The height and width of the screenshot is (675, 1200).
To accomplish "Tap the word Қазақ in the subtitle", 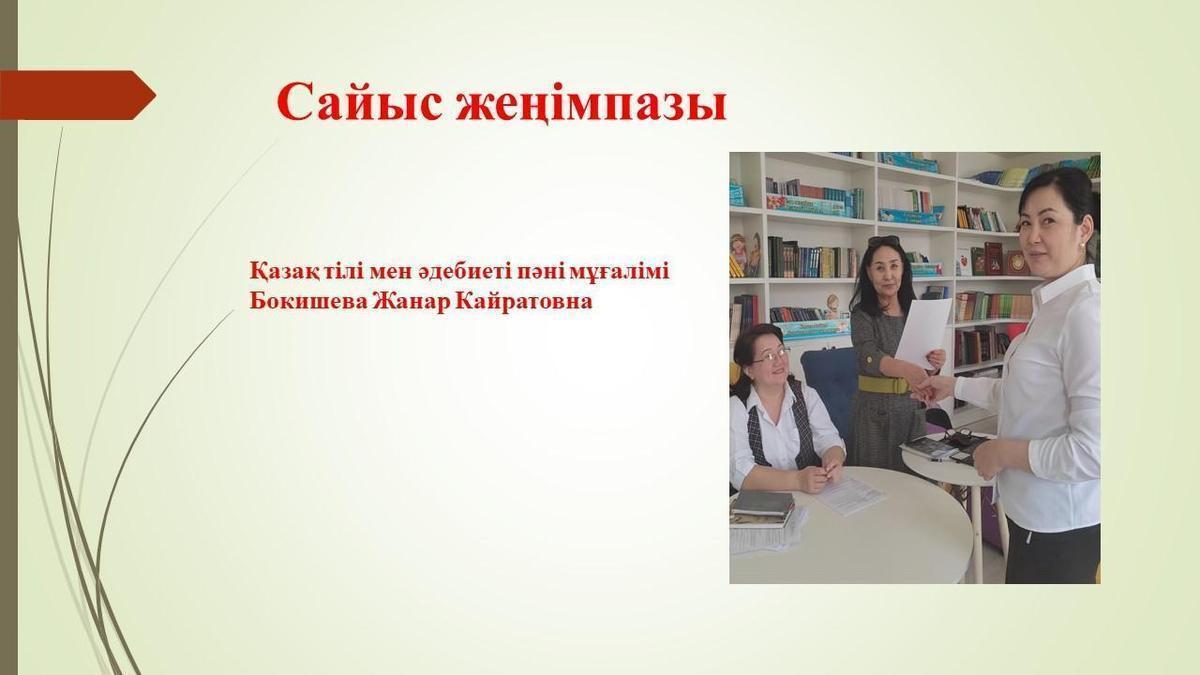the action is (283, 272).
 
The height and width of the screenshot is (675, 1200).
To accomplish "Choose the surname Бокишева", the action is (308, 301).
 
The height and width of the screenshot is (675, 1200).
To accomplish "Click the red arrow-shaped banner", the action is (78, 95).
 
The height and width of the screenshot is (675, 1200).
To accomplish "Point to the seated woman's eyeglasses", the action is (771, 356).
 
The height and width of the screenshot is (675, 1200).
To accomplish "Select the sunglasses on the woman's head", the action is (884, 241).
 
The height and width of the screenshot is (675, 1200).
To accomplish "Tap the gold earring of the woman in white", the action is (1083, 244).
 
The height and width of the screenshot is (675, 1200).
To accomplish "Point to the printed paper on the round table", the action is (851, 494).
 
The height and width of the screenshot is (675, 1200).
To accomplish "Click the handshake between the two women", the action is (930, 387).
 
